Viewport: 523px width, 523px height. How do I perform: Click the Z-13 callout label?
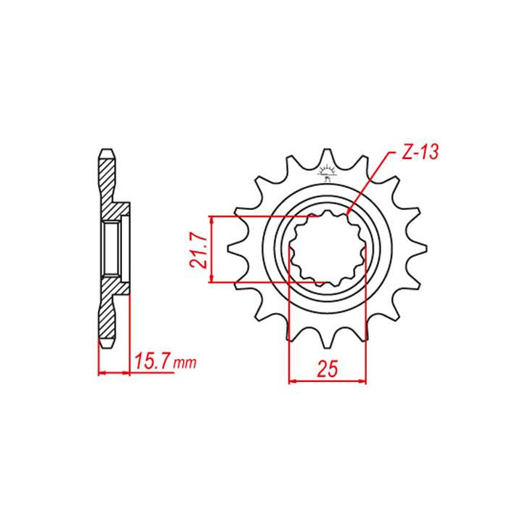tap(419, 153)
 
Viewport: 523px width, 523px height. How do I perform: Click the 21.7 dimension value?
tap(199, 251)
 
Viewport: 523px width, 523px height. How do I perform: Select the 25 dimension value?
tap(327, 369)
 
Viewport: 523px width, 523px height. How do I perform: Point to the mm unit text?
tap(186, 363)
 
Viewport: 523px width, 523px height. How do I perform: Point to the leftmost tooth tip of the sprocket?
tap(228, 249)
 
